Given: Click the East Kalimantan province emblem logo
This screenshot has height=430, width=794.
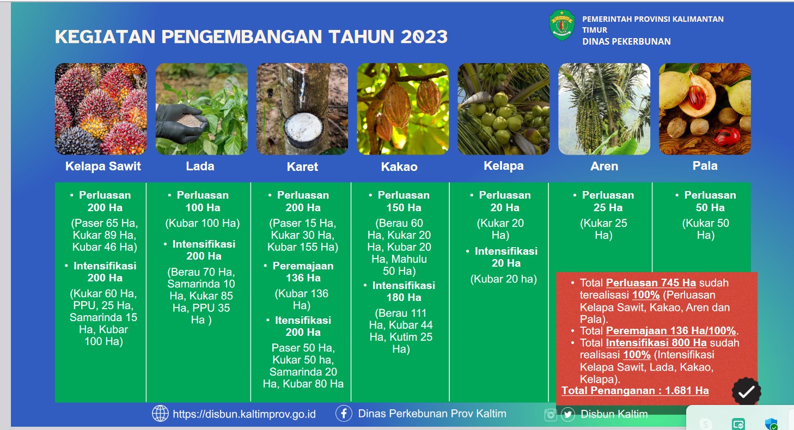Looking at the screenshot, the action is pyautogui.click(x=562, y=25).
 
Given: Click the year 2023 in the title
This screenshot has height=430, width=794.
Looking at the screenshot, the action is pyautogui.click(x=424, y=37).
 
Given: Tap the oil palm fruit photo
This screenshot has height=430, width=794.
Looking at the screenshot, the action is pyautogui.click(x=101, y=109).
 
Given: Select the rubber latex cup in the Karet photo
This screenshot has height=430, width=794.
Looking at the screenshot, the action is pyautogui.click(x=303, y=130).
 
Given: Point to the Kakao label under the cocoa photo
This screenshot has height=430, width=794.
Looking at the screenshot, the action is pyautogui.click(x=400, y=167).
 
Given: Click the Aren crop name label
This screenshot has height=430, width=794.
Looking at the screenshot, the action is pyautogui.click(x=604, y=166).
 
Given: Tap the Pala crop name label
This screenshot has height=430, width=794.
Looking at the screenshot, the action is pyautogui.click(x=705, y=166).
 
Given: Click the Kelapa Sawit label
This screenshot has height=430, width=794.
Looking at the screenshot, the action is pyautogui.click(x=103, y=166).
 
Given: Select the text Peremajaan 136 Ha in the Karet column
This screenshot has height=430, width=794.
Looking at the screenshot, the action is pyautogui.click(x=303, y=272).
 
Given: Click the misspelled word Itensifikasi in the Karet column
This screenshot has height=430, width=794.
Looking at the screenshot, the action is pyautogui.click(x=303, y=320).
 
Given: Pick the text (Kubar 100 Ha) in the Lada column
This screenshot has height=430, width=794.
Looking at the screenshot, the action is pyautogui.click(x=203, y=223).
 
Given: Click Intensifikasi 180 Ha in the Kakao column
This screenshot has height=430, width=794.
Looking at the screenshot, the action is pyautogui.click(x=404, y=291).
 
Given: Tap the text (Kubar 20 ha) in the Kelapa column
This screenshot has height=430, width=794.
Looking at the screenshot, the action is pyautogui.click(x=504, y=279).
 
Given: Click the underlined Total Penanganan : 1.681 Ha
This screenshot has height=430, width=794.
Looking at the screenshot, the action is pyautogui.click(x=635, y=391).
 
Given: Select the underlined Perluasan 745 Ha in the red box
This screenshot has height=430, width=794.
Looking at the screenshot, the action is pyautogui.click(x=651, y=282).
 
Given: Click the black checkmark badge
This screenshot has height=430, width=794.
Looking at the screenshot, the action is pyautogui.click(x=746, y=391).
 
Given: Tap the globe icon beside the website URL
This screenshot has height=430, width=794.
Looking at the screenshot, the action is pyautogui.click(x=160, y=413).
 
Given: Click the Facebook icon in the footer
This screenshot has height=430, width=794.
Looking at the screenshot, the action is pyautogui.click(x=344, y=413).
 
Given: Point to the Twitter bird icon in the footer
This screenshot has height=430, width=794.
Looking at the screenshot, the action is pyautogui.click(x=567, y=414).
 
